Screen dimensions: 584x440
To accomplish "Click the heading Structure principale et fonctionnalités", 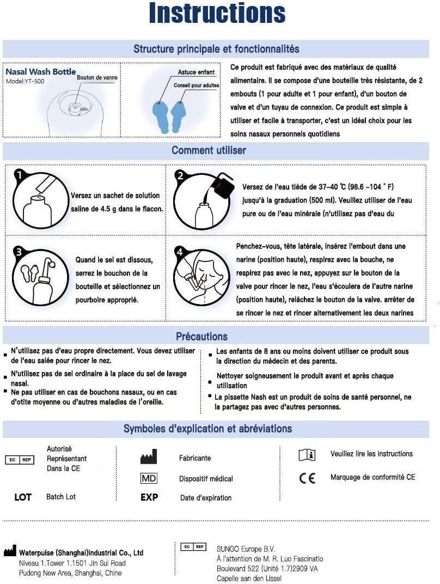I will [216, 49].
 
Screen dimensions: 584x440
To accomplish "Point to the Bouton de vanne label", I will [97, 78].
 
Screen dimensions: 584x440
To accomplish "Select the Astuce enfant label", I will [196, 72].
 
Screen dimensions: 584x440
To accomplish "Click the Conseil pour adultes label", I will [197, 86].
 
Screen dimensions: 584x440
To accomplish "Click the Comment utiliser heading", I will [209, 150].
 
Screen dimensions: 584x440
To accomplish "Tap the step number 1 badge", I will [20, 175].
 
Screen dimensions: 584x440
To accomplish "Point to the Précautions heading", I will [201, 336].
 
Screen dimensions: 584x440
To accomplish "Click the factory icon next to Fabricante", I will [148, 457].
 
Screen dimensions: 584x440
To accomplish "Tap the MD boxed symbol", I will [149, 478].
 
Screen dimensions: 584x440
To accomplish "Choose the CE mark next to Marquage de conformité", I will [307, 478].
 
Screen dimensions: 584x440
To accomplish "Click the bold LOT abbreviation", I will [23, 497].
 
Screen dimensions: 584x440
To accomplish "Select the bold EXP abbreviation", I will [149, 497].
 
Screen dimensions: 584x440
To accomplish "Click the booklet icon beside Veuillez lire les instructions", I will [307, 455].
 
